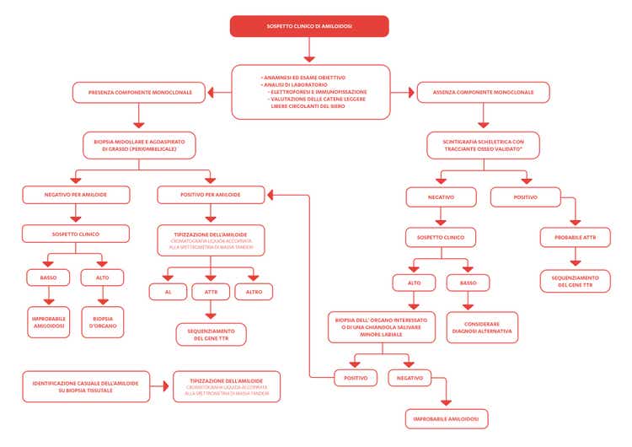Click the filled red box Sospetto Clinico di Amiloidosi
[x=309, y=26]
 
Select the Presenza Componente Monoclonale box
[x=138, y=92]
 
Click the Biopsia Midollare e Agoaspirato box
[x=139, y=144]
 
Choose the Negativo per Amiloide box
[x=76, y=195]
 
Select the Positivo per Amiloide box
[x=211, y=195]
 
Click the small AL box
[x=168, y=292]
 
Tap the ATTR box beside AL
[x=211, y=292]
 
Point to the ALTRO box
[x=254, y=292]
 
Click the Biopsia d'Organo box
[x=103, y=321]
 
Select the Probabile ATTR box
[x=576, y=237]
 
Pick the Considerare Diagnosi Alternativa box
[x=483, y=326]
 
